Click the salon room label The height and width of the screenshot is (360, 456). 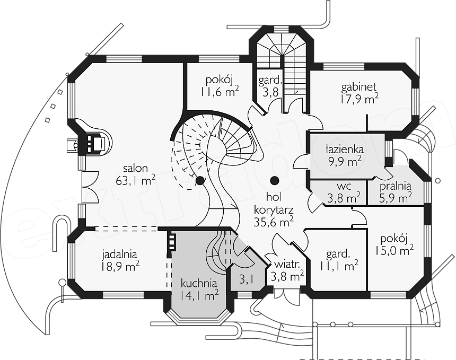[x=136, y=169]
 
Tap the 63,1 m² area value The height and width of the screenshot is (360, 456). [x=136, y=180]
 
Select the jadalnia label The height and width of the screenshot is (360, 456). [x=119, y=254]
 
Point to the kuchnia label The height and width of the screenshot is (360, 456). [x=199, y=283]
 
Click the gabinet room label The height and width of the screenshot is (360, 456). [x=359, y=87]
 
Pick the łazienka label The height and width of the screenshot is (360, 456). [x=345, y=149]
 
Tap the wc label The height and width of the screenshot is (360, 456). [x=344, y=186]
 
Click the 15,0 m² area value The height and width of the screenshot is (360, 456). [x=393, y=250]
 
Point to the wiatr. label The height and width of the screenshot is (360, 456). [x=287, y=265]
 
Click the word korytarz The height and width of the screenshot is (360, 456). [x=274, y=210]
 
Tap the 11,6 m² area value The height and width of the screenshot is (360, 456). [x=220, y=92]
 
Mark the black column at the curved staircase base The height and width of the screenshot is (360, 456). [x=199, y=181]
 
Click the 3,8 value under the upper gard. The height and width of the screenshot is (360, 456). [x=271, y=92]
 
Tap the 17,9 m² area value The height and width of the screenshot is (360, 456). [x=359, y=99]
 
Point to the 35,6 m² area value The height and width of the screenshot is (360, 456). [x=274, y=222]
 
